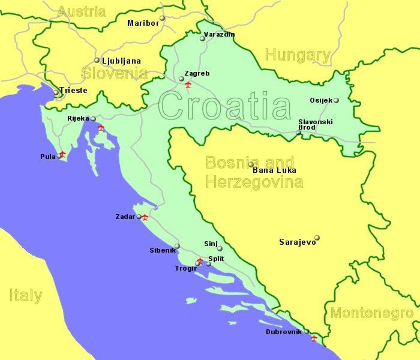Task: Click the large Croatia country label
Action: (224, 107)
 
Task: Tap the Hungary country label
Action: (298, 56)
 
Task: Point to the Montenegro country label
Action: (371, 313)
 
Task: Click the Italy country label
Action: (26, 295)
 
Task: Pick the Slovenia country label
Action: (115, 73)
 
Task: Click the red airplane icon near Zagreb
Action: (188, 85)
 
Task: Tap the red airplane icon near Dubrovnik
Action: (313, 338)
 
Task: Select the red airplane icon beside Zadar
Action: (145, 217)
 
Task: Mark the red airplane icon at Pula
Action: (62, 154)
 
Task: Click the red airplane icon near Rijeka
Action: (101, 128)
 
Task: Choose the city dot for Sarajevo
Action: (317, 238)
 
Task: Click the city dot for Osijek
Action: (336, 100)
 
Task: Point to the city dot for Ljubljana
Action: (97, 60)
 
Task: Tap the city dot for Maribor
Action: (162, 17)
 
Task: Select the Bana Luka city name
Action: (275, 170)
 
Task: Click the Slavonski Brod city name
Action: (315, 125)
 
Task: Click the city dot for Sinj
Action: (220, 248)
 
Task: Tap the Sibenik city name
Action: (162, 250)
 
